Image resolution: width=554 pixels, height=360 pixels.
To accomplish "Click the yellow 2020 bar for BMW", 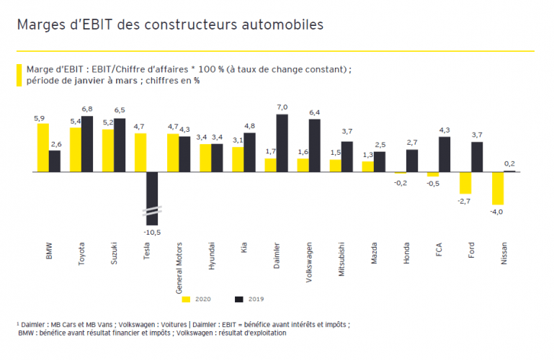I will pyautogui.click(x=43, y=148).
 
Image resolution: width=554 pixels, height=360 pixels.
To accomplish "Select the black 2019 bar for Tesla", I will pyautogui.click(x=152, y=198).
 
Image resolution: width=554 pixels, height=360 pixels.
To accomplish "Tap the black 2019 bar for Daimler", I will pyautogui.click(x=282, y=143).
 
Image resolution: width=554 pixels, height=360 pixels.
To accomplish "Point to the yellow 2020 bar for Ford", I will pyautogui.click(x=465, y=183).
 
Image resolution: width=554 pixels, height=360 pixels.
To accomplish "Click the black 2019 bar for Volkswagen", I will pyautogui.click(x=314, y=145).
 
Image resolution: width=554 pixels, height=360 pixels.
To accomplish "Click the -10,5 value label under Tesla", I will pyautogui.click(x=151, y=233).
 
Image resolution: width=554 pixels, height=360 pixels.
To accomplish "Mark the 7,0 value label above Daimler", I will pyautogui.click(x=282, y=107).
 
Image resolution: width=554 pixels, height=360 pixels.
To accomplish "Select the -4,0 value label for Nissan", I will pyautogui.click(x=497, y=212).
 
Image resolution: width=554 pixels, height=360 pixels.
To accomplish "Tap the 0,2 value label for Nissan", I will pyautogui.click(x=509, y=163).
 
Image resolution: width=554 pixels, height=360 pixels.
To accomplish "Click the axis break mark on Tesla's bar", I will pyautogui.click(x=152, y=211).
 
